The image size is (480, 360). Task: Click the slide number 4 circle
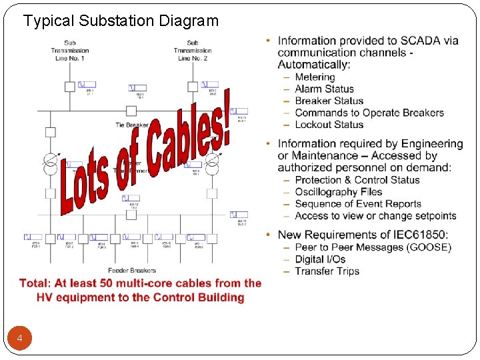click(20, 339)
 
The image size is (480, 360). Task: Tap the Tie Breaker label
click(132, 125)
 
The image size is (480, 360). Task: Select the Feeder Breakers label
click(132, 270)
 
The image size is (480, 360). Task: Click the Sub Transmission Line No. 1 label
click(70, 51)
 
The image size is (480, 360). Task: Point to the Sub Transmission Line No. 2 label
click(193, 51)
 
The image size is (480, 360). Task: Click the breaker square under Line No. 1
click(70, 86)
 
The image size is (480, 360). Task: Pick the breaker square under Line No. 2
click(193, 86)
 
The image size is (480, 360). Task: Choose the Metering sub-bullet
click(315, 77)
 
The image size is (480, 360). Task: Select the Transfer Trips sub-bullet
click(327, 271)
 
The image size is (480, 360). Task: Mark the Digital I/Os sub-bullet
click(320, 259)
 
